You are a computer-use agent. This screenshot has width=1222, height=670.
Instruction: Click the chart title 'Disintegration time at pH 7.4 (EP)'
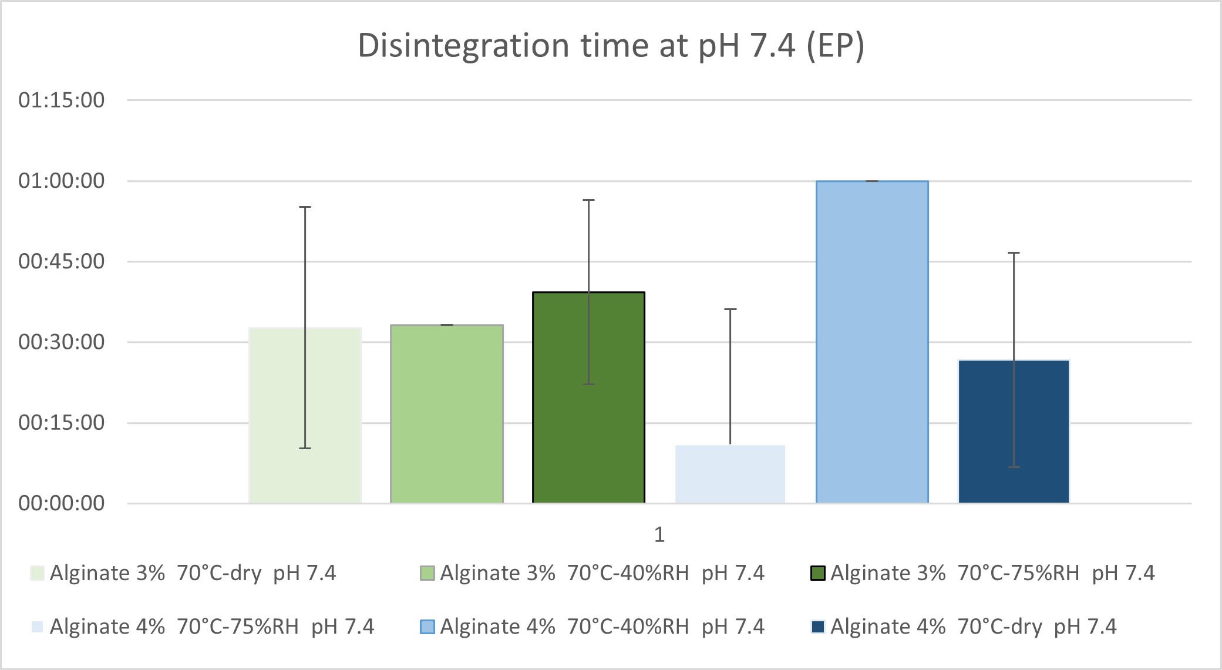coord(611,46)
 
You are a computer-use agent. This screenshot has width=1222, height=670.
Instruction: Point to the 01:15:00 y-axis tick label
coord(62,100)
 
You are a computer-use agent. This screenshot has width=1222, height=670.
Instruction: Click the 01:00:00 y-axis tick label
coord(62,181)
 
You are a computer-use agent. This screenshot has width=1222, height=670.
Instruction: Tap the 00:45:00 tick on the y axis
coord(62,261)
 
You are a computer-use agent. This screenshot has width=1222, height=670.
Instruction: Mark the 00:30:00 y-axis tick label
coord(62,342)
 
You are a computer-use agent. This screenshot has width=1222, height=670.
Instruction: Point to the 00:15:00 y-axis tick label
coord(62,423)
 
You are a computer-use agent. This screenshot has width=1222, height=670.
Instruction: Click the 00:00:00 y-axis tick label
coord(62,503)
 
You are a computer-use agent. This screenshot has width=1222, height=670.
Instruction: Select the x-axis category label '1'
coord(659,534)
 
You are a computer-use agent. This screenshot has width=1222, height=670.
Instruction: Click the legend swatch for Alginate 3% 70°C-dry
coord(37,573)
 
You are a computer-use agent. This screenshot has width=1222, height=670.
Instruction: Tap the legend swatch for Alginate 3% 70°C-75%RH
coord(818,573)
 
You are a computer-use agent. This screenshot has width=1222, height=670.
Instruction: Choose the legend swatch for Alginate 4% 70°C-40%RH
coord(427,627)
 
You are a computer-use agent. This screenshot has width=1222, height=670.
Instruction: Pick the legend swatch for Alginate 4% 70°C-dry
coord(818,627)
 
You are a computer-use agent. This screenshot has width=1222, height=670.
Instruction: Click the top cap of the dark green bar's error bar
coord(588,200)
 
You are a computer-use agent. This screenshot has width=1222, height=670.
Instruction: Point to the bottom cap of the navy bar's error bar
coord(1014,467)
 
